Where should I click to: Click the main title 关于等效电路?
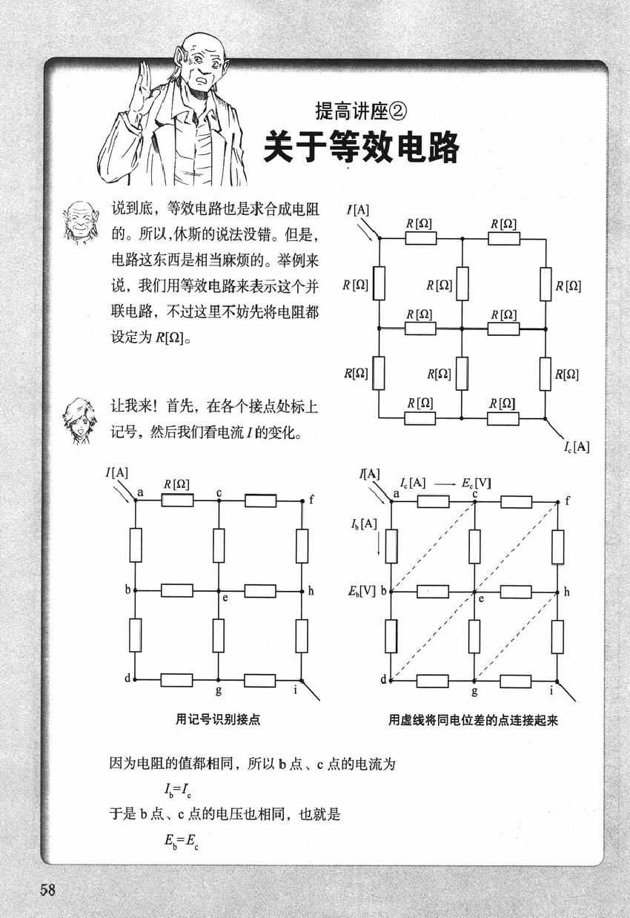(361, 147)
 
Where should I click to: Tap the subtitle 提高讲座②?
(361, 110)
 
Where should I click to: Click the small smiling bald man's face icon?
(81, 222)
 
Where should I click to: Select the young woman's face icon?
(79, 420)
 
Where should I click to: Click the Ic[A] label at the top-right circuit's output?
(577, 446)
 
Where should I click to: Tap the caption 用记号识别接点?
(218, 719)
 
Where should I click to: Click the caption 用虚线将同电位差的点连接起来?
(473, 720)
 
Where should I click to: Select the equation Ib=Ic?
(178, 789)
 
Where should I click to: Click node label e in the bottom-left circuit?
(225, 598)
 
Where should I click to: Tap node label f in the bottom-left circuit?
(311, 500)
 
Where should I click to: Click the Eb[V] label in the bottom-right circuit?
(362, 590)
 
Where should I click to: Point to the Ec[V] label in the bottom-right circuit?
(476, 483)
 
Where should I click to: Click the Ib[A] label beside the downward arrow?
(364, 524)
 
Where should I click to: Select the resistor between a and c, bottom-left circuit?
(177, 500)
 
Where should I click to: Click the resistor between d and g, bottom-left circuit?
(176, 680)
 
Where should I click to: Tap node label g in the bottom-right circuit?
(474, 691)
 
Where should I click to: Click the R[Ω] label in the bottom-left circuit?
(176, 484)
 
